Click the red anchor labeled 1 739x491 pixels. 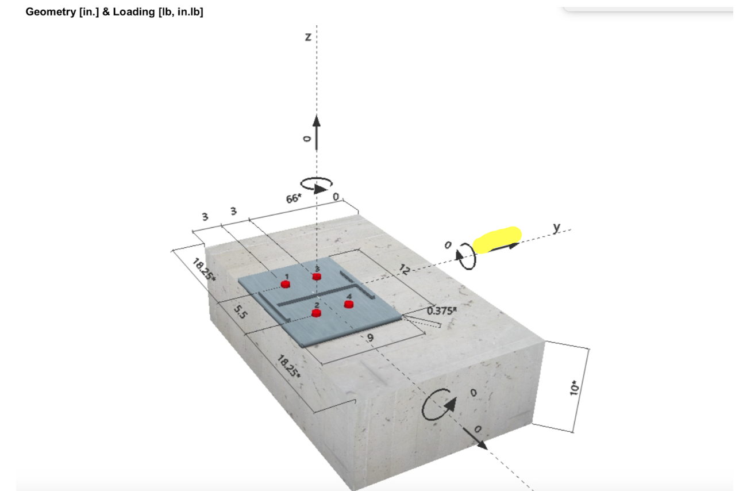point(286,284)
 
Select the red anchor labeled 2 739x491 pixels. point(316,313)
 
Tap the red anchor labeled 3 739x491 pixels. point(317,277)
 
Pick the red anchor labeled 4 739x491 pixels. point(348,304)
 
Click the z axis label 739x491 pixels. point(308,37)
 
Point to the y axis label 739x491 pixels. point(556,227)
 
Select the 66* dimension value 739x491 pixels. point(293,199)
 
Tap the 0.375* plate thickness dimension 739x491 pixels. point(442,311)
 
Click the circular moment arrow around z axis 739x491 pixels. point(316,184)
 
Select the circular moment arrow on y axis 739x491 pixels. point(467,256)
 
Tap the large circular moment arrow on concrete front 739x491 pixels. point(440,406)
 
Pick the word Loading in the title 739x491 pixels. point(130,12)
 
